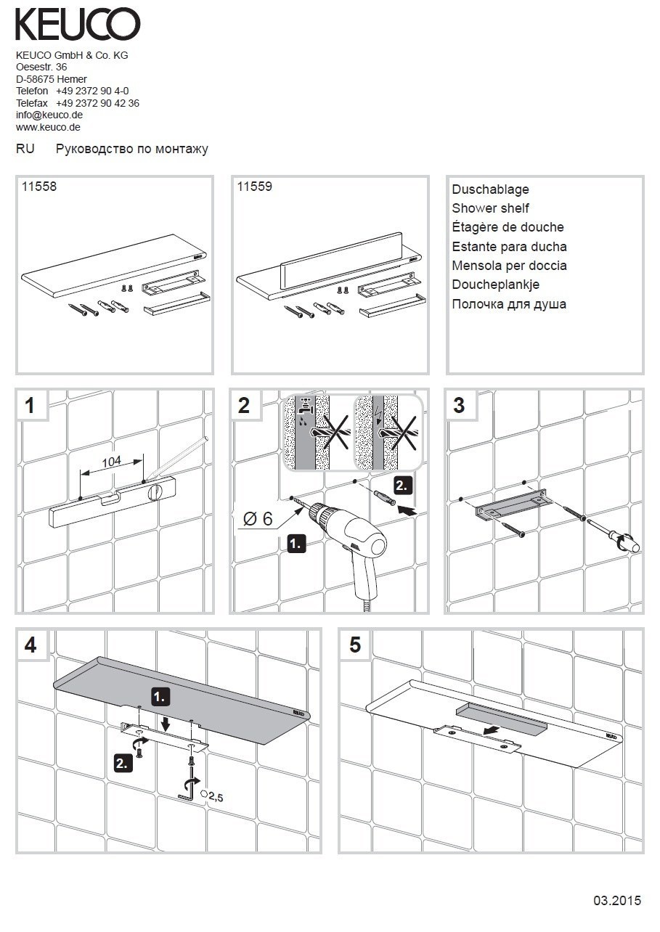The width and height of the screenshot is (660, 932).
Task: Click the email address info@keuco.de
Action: tap(49, 115)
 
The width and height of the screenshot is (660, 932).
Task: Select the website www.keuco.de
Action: tap(48, 127)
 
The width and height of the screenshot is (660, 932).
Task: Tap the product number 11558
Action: tap(39, 187)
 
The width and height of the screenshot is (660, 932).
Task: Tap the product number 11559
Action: tap(255, 187)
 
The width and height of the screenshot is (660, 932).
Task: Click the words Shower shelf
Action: tap(490, 208)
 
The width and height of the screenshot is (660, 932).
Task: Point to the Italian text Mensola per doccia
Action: tap(509, 266)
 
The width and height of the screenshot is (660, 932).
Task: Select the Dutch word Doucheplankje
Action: tap(495, 285)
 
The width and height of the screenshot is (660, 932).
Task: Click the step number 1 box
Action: tap(31, 405)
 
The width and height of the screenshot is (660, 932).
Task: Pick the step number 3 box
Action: tap(459, 405)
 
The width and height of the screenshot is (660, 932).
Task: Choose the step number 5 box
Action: tap(354, 645)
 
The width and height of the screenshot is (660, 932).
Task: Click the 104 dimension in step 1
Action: tap(111, 461)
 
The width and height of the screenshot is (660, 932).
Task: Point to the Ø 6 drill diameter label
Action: tap(258, 518)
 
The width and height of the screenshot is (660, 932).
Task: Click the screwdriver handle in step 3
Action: tap(625, 540)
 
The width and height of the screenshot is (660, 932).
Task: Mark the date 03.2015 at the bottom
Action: tap(617, 901)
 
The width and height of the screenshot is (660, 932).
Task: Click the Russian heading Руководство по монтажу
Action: tap(132, 150)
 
